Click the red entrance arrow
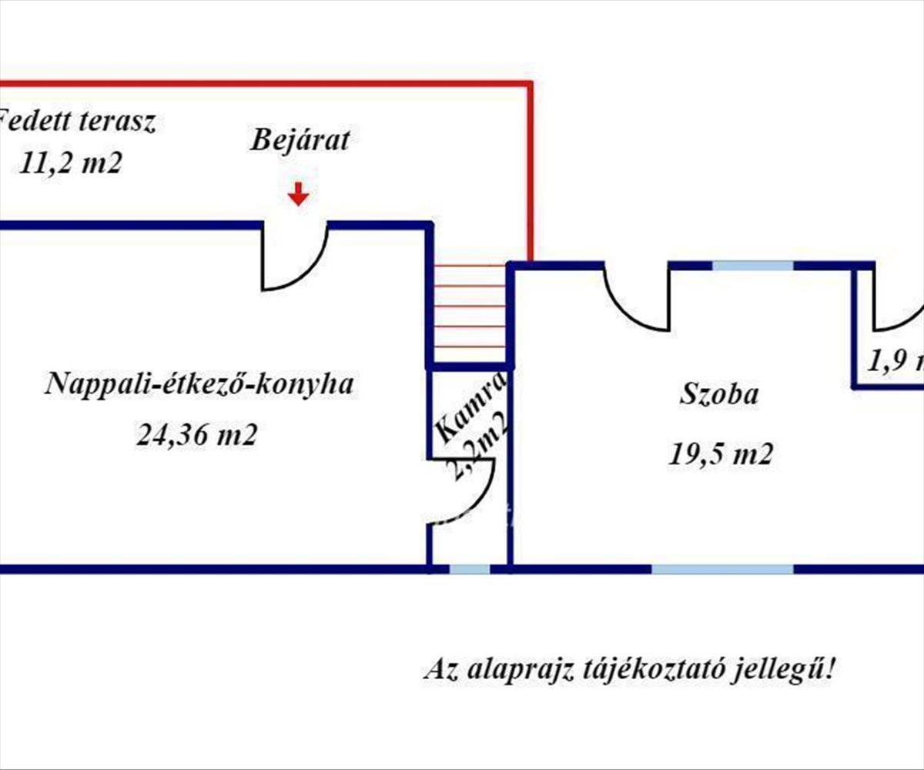pyautogui.click(x=299, y=195)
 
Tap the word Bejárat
pyautogui.click(x=300, y=141)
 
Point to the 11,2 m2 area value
pyautogui.click(x=69, y=164)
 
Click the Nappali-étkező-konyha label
pyautogui.click(x=200, y=384)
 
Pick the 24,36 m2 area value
pyautogui.click(x=196, y=436)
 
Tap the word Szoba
pyautogui.click(x=719, y=396)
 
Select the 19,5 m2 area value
pyautogui.click(x=719, y=454)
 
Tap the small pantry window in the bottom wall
pyautogui.click(x=470, y=570)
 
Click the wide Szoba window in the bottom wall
pyautogui.click(x=722, y=570)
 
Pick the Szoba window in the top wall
pyautogui.click(x=753, y=266)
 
